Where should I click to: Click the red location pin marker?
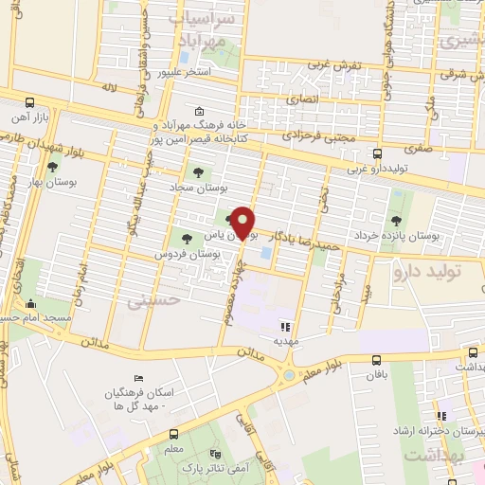(243, 223)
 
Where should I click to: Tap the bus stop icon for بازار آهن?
(29, 102)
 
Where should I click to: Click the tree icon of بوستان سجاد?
(198, 172)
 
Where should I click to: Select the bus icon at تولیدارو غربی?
(377, 153)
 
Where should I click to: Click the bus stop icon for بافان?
(376, 359)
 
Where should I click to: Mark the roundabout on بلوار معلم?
(288, 376)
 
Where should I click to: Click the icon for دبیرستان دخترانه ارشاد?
(440, 416)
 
